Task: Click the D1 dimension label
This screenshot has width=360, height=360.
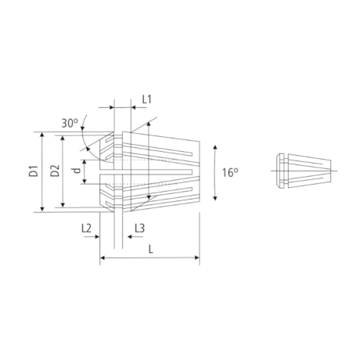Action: click(x=34, y=172)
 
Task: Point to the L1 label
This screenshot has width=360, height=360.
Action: click(x=146, y=100)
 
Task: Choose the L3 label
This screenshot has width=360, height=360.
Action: click(x=139, y=228)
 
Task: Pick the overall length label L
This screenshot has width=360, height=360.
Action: click(x=149, y=248)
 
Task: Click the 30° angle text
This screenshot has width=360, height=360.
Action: click(x=70, y=123)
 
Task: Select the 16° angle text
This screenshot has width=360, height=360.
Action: click(x=229, y=172)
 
